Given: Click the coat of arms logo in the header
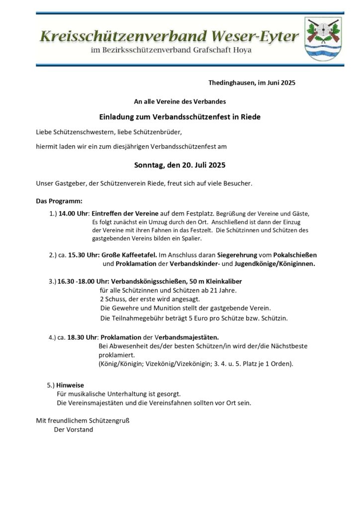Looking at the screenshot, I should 323,38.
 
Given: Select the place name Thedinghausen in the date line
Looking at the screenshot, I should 231,83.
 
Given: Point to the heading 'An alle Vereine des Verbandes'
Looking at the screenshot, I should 180,101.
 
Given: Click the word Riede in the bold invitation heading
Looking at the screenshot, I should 251,117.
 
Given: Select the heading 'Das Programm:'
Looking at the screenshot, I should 59,201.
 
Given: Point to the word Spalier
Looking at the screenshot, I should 189,239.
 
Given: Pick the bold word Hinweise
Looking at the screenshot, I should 70,385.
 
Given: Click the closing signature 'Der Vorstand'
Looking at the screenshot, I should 74,429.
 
